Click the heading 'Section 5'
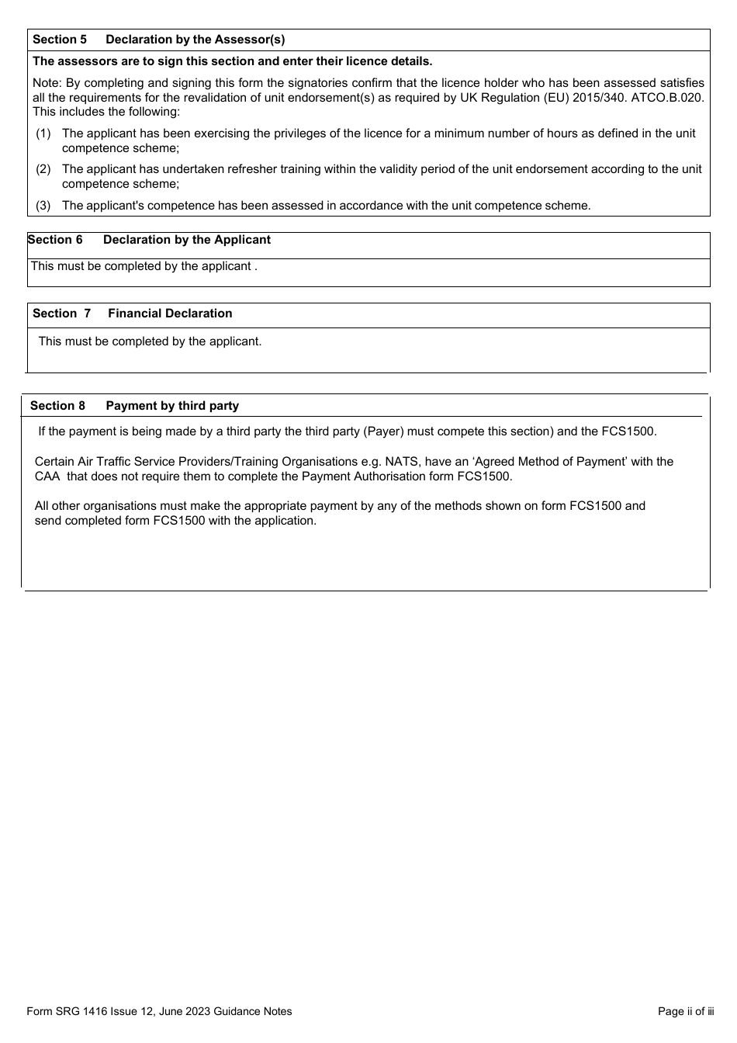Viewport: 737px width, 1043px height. click(x=60, y=40)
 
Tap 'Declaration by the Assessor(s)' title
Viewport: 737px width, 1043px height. click(x=195, y=40)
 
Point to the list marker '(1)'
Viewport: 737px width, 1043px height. click(x=43, y=133)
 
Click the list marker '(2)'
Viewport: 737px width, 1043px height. click(x=43, y=169)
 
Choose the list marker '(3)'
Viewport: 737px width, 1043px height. click(x=43, y=206)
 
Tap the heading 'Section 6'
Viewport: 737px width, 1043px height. click(x=55, y=240)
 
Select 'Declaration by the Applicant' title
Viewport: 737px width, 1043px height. click(x=186, y=240)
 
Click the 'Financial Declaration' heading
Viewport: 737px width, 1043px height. click(x=170, y=314)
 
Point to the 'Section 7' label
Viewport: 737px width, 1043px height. click(x=61, y=314)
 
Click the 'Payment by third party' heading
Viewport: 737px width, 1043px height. click(x=172, y=406)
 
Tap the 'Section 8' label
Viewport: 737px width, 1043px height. click(x=57, y=406)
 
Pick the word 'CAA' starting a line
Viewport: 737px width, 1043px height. click(x=47, y=476)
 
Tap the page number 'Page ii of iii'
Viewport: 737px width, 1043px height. click(x=685, y=1011)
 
